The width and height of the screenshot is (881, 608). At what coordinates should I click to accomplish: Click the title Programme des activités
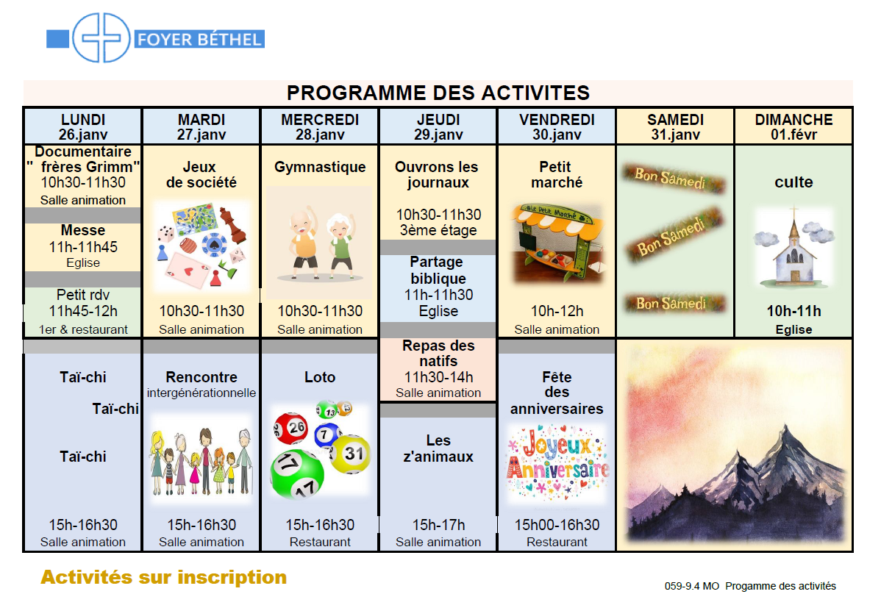point(438,93)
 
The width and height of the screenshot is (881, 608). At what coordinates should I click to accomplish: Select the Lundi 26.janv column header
point(82,126)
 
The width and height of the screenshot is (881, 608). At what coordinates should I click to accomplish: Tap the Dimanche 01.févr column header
point(793,126)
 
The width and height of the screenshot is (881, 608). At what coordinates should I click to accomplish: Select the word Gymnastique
point(320,167)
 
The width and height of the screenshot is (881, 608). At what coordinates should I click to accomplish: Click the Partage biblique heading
point(438,270)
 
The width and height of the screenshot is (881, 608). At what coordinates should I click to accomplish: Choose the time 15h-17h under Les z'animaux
point(438,525)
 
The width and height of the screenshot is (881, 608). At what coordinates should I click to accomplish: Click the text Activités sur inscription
point(163,577)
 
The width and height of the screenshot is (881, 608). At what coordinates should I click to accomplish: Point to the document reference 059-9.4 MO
point(691,586)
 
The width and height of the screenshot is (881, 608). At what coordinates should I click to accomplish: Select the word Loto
point(320,377)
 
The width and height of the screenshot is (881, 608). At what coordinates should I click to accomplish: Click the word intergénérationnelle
point(201,393)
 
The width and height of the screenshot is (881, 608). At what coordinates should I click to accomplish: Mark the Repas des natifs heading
point(438,353)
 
